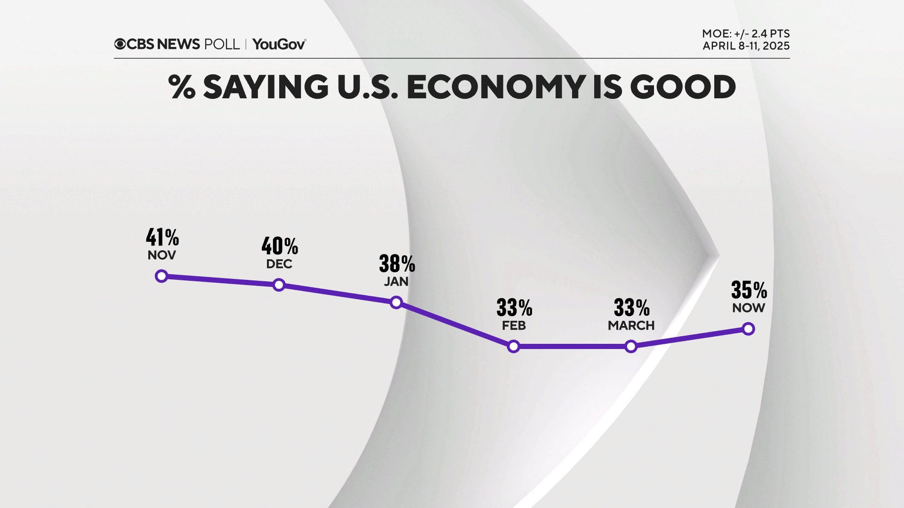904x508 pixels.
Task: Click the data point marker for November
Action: click(161, 276)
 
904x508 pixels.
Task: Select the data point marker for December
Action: click(279, 285)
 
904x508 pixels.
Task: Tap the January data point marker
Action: click(396, 302)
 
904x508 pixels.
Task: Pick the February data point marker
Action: click(514, 347)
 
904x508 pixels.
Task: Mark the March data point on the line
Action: click(631, 347)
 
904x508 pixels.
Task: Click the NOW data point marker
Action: click(748, 329)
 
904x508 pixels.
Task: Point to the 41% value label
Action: click(162, 237)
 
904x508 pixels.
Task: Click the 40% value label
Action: click(280, 246)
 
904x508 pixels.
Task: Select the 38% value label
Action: click(397, 263)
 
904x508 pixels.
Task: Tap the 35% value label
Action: click(749, 290)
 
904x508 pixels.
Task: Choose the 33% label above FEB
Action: click(514, 308)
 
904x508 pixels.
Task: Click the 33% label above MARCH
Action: click(631, 308)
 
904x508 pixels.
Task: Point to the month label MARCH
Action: click(631, 325)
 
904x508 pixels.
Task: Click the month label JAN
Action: click(396, 281)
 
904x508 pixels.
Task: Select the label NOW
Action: click(748, 308)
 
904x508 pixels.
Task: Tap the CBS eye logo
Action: click(120, 44)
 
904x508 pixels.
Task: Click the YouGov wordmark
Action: click(279, 44)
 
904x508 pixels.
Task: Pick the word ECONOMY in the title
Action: click(496, 87)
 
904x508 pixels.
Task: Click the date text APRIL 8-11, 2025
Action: click(746, 46)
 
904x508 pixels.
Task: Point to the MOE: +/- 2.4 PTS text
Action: click(746, 34)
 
